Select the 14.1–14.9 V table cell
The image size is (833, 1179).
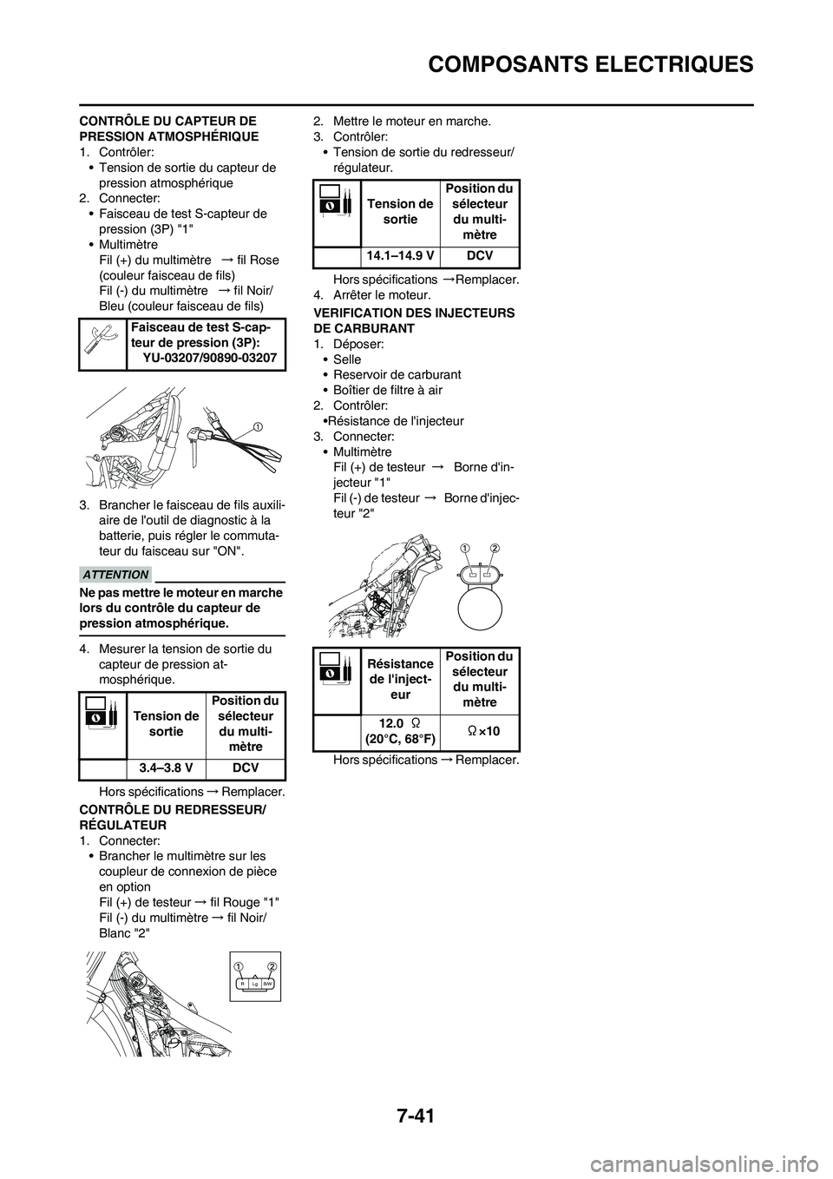400,256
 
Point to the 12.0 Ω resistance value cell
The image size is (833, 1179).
400,730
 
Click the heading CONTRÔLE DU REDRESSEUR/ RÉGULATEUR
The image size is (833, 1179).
182,817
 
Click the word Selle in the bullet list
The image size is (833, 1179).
347,359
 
